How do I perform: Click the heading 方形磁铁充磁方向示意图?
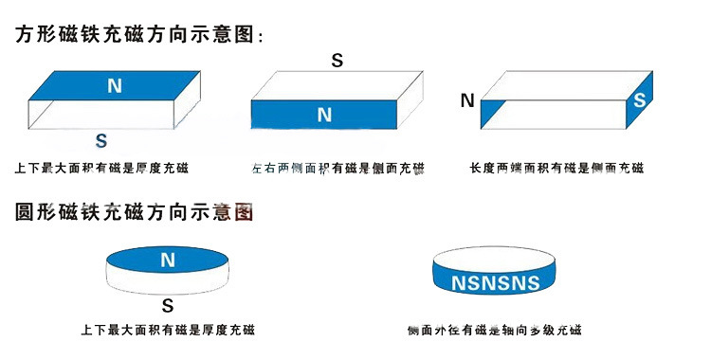pyautogui.click(x=138, y=35)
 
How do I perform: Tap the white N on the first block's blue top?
pyautogui.click(x=115, y=86)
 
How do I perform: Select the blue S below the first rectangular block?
pyautogui.click(x=101, y=141)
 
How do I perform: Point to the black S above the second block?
pyautogui.click(x=337, y=61)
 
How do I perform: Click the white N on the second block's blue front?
pyautogui.click(x=324, y=115)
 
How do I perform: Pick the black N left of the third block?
pyautogui.click(x=466, y=99)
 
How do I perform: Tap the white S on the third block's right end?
pyautogui.click(x=640, y=99)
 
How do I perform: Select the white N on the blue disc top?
pyautogui.click(x=168, y=260)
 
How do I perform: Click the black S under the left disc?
pyautogui.click(x=167, y=306)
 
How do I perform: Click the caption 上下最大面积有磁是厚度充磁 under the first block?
pyautogui.click(x=101, y=169)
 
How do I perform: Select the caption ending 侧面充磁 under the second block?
pyautogui.click(x=337, y=169)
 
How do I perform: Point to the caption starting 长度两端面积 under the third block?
pyautogui.click(x=556, y=169)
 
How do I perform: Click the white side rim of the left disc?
pyautogui.click(x=168, y=282)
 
